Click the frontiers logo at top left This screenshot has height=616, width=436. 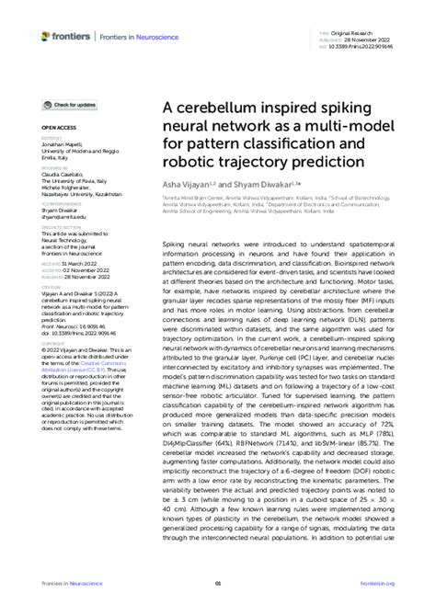[65, 36]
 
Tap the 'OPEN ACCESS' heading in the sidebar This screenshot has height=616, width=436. [58, 125]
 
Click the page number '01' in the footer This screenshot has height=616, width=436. [218, 583]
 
